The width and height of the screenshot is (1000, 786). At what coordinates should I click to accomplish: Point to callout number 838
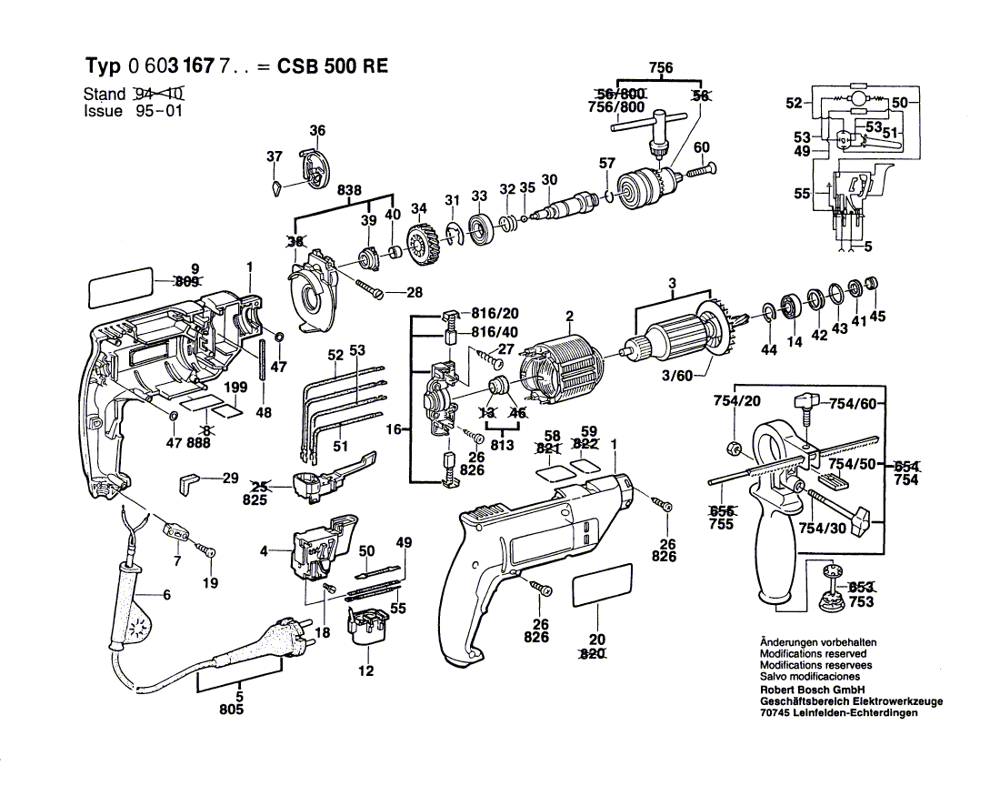point(349,191)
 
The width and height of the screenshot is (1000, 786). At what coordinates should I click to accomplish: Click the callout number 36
point(316,131)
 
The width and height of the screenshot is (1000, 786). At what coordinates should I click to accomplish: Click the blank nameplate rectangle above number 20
point(602,584)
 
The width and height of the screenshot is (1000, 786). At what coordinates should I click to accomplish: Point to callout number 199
point(236,388)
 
